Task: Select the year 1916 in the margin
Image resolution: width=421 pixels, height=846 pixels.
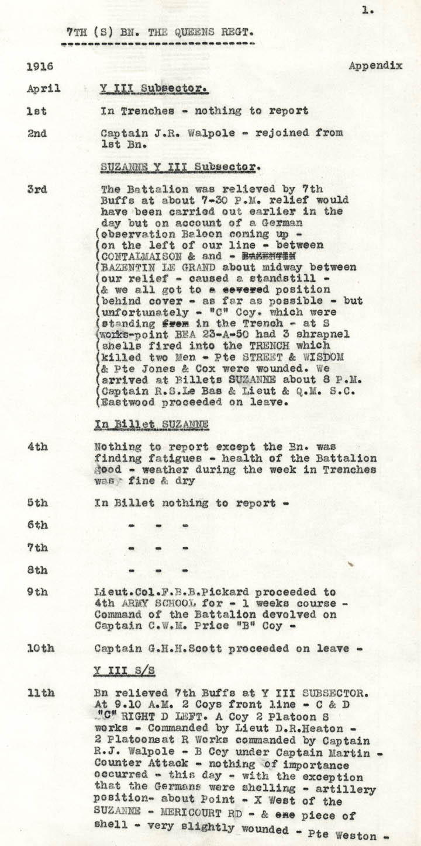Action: click(37, 67)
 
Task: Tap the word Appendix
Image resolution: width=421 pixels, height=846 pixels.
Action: click(375, 66)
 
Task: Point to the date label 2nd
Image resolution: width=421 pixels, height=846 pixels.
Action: click(37, 133)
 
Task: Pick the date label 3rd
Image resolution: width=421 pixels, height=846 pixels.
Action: click(37, 190)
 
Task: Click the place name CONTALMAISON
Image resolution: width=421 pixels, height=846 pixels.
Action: click(134, 255)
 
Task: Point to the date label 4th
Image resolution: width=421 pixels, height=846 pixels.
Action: click(37, 446)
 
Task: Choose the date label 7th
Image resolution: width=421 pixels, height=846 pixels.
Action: click(37, 548)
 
